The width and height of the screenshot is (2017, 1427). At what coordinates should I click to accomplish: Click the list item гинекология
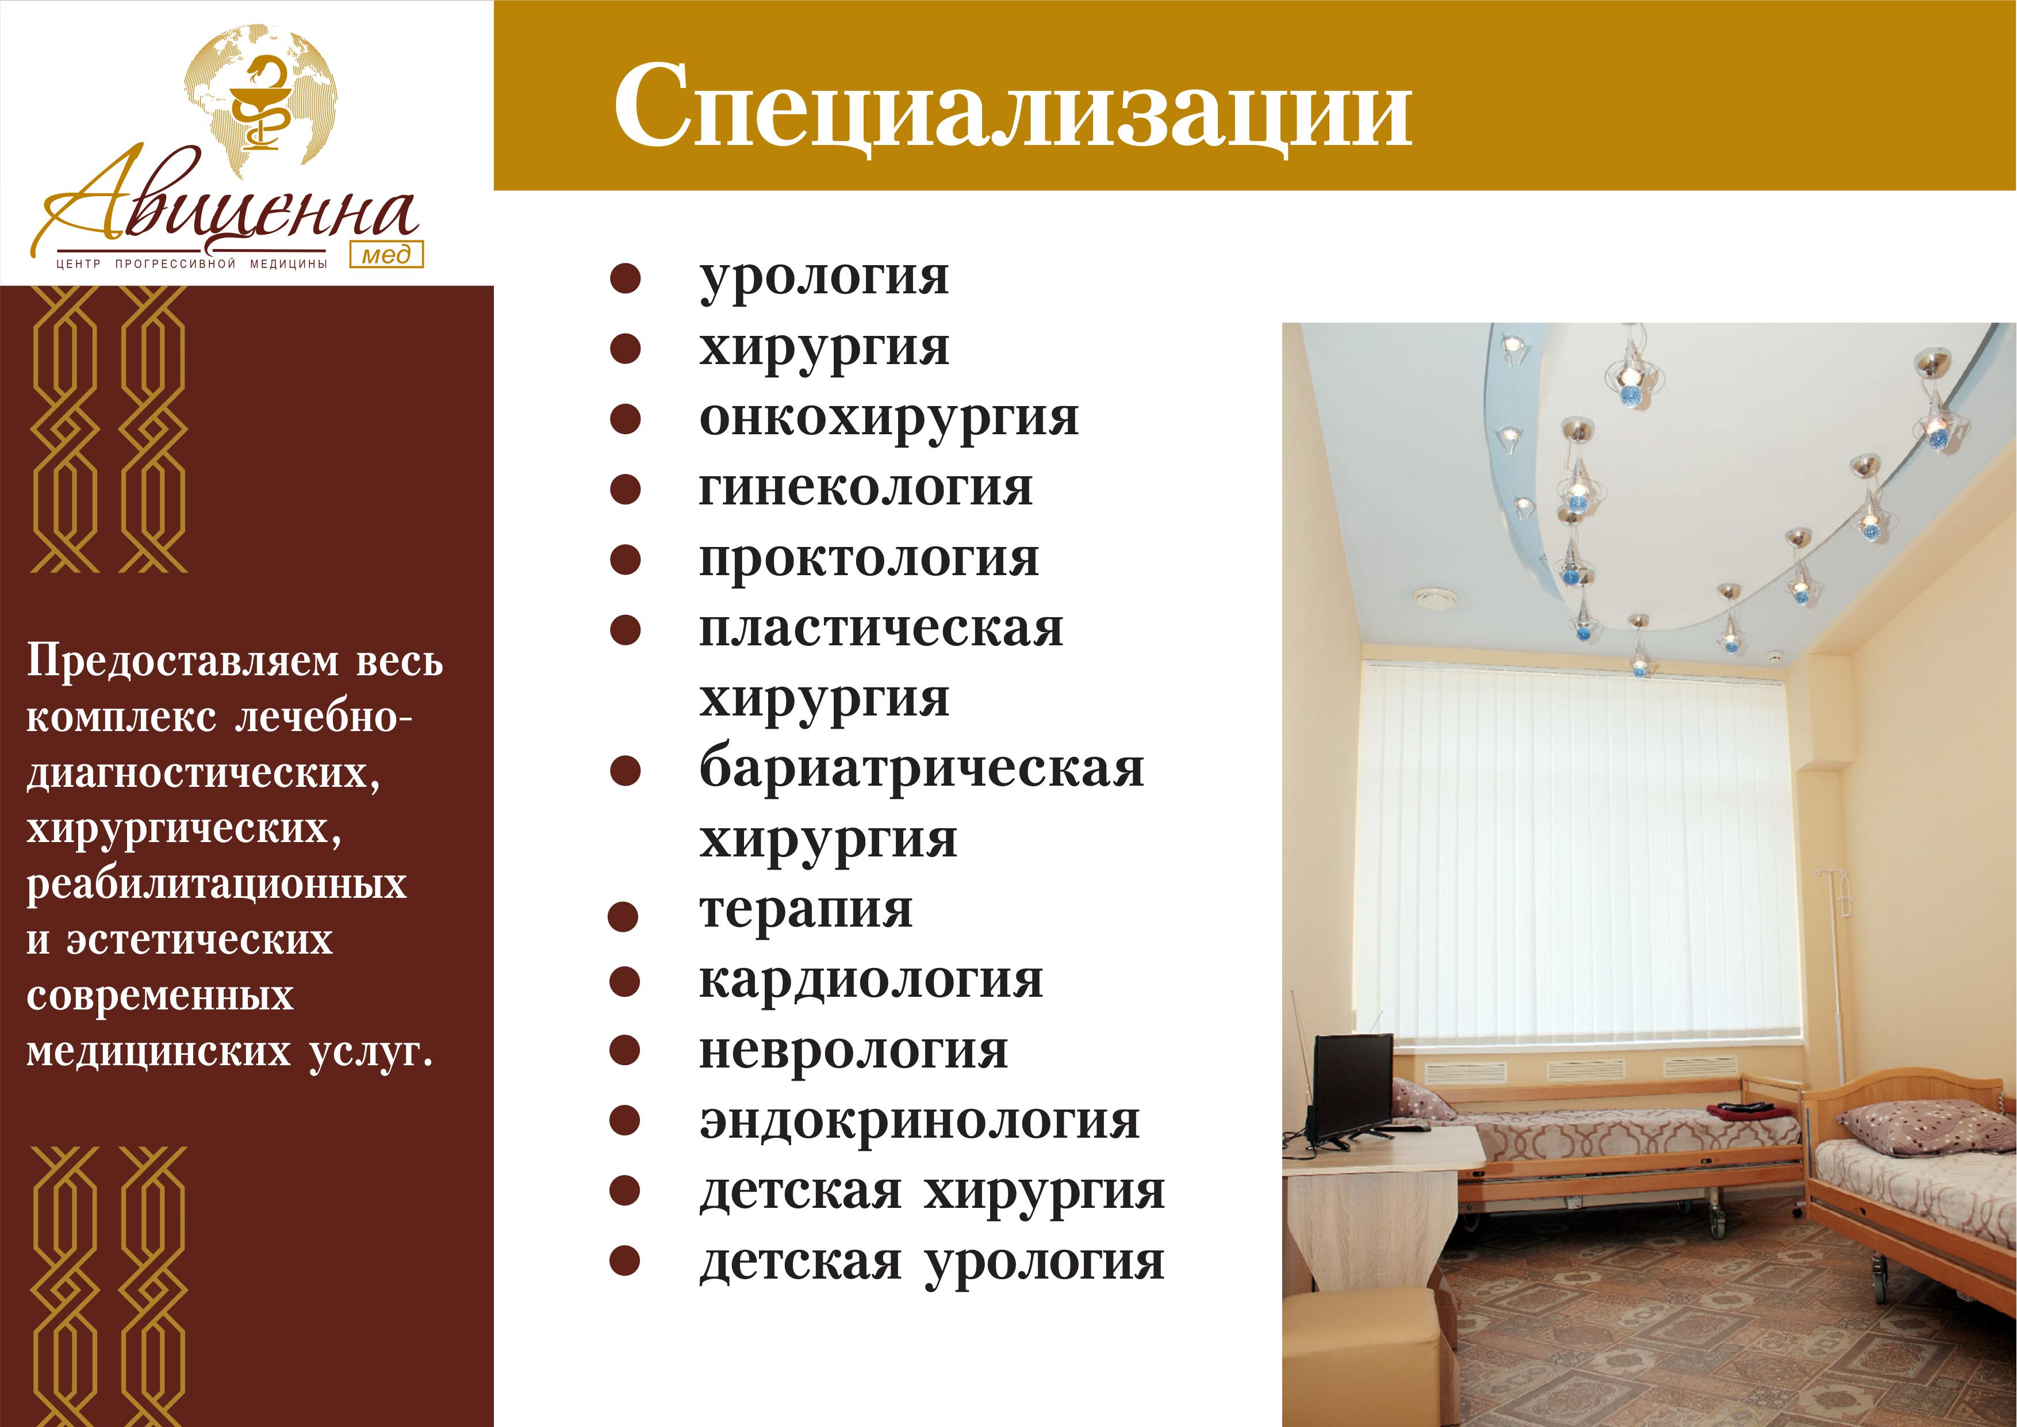(x=866, y=488)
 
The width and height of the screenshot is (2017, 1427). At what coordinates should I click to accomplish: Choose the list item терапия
(x=806, y=911)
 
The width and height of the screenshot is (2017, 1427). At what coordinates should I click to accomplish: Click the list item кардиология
(x=871, y=981)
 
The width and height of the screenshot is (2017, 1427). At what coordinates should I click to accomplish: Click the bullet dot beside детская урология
(x=624, y=1262)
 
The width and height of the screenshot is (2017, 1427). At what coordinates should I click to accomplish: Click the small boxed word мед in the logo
(x=386, y=254)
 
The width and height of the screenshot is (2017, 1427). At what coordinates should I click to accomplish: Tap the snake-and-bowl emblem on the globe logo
(x=261, y=105)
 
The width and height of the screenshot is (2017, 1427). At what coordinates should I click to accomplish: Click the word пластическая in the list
(x=881, y=630)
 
